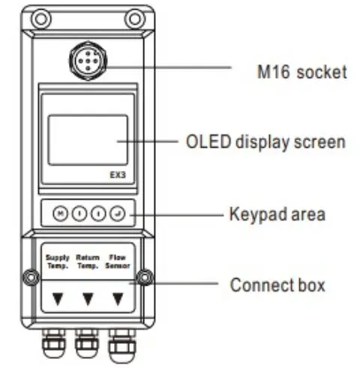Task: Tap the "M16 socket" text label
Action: point(300,73)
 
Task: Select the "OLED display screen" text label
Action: point(265,141)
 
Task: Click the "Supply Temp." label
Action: point(57,261)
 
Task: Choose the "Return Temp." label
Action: point(88,261)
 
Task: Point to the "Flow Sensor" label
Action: point(118,261)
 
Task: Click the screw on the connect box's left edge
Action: point(29,278)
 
